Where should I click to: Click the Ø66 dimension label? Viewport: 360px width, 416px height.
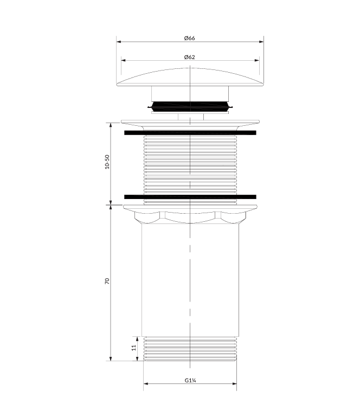point(189,38)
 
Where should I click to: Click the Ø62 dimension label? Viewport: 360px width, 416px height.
point(189,57)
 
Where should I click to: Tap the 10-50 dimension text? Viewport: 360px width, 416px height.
point(107,162)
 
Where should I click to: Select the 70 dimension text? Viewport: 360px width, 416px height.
point(107,281)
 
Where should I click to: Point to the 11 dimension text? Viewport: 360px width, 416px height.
point(134,348)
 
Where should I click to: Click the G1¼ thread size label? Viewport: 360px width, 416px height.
point(190,380)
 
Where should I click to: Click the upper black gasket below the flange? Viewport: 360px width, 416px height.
point(190,133)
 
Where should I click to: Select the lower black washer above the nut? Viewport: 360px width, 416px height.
point(190,196)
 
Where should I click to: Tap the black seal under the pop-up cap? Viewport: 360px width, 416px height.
point(190,106)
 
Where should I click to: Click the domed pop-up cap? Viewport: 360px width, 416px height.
point(190,78)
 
